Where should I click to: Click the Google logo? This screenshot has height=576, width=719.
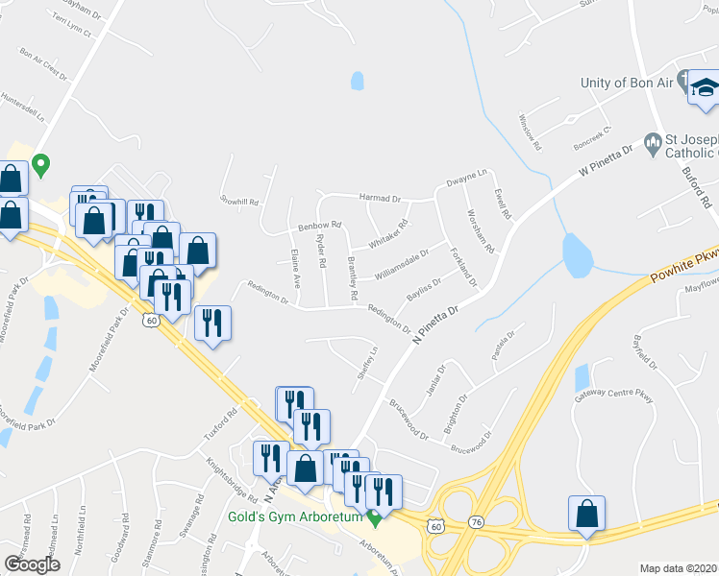click(x=32, y=564)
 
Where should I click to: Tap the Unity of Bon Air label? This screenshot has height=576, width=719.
click(x=626, y=83)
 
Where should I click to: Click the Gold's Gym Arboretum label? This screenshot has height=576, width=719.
click(x=294, y=517)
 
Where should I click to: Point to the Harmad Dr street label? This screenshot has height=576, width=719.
click(x=379, y=198)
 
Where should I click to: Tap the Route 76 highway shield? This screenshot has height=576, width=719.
click(x=478, y=521)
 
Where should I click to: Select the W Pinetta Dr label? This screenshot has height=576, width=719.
click(x=607, y=161)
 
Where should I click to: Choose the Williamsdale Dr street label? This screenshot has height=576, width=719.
click(x=403, y=257)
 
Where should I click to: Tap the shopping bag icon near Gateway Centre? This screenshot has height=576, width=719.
click(x=586, y=515)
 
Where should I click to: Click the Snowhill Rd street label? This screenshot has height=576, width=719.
click(x=240, y=202)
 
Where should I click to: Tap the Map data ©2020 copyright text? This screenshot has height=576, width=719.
click(x=679, y=567)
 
